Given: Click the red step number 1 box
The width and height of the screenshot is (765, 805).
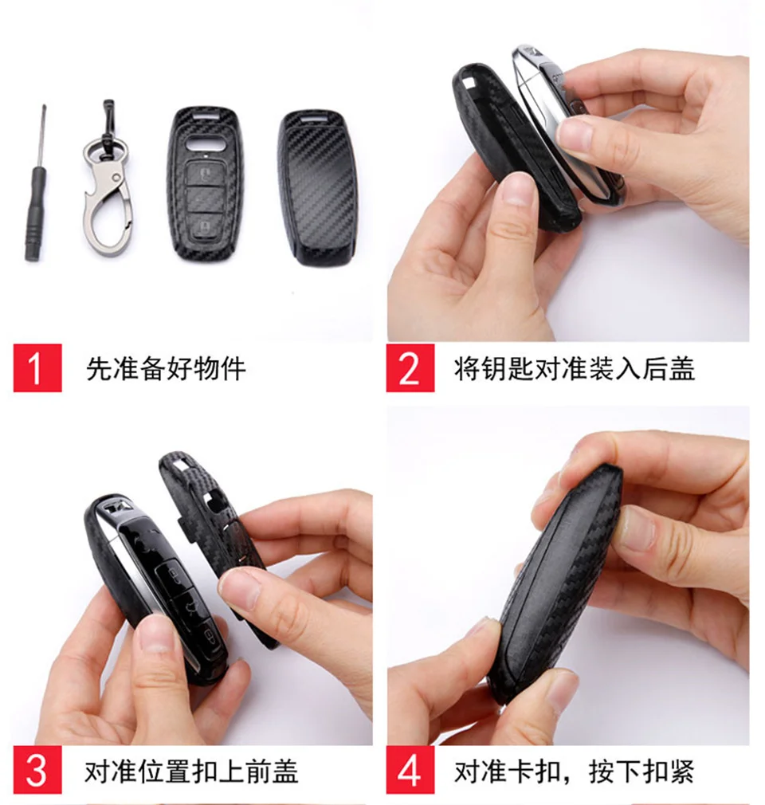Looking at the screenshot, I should [37, 368].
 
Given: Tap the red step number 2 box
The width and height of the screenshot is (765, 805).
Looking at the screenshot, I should [410, 368].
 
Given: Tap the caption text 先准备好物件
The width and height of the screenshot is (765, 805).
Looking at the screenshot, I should [166, 369].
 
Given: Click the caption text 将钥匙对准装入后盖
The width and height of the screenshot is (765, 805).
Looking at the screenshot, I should [574, 369].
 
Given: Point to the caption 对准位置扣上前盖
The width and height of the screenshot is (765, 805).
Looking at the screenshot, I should [191, 771].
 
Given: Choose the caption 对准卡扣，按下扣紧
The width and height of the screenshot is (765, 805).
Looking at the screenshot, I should [574, 771].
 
